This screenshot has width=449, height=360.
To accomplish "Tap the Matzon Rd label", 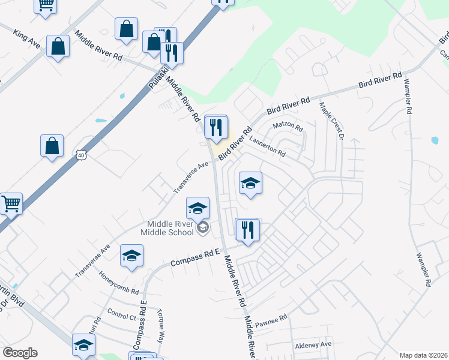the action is coord(288,127).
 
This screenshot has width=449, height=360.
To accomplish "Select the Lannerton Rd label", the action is coord(267,145).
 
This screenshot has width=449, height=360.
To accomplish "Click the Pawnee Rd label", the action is coord(271,321).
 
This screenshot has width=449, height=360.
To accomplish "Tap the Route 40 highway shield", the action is coord(81,155).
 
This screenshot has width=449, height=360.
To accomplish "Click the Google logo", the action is coord(20,353).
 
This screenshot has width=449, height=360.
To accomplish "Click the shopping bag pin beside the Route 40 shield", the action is coord(52,146).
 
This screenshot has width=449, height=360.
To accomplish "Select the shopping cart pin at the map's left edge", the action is coord(10,204).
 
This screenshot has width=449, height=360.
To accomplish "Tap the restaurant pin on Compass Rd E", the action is coord(247,229).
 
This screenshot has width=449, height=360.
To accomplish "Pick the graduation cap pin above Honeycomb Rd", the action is coord(131,256).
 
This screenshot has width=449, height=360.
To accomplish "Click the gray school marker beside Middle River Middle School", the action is coord(203,227).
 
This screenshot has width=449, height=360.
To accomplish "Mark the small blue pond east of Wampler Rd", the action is coord(434,141).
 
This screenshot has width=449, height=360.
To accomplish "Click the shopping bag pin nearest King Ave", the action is coord(58,46).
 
